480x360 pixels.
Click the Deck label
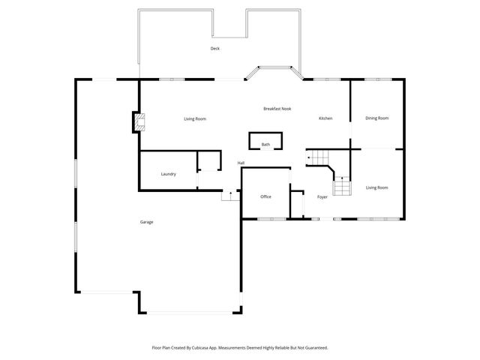tap(215, 49)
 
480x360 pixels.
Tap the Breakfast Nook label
tap(277, 109)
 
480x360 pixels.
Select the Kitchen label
tap(325, 118)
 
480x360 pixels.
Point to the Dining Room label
tap(376, 118)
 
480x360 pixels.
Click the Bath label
tap(265, 144)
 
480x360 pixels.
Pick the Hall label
tap(241, 163)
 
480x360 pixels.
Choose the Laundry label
tap(169, 174)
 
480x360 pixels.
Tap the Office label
tap(265, 196)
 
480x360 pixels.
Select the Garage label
tap(146, 222)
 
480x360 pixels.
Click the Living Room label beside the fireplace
tap(195, 118)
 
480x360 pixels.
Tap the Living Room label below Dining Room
tap(376, 187)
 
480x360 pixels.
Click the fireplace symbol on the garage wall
tap(139, 122)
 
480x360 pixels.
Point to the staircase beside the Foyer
tap(342, 186)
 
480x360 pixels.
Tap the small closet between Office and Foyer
tap(297, 205)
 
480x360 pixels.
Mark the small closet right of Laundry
tap(209, 162)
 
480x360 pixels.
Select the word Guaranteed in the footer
tap(313, 348)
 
